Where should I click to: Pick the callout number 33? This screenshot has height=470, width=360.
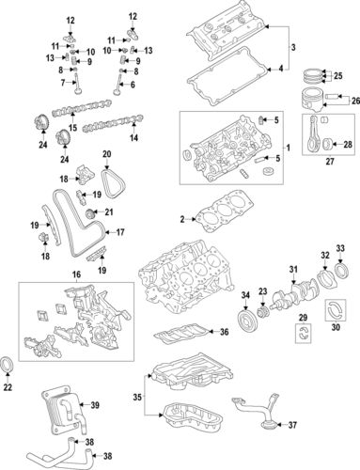(341, 248)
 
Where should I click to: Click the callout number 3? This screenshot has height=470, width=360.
(292, 48)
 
